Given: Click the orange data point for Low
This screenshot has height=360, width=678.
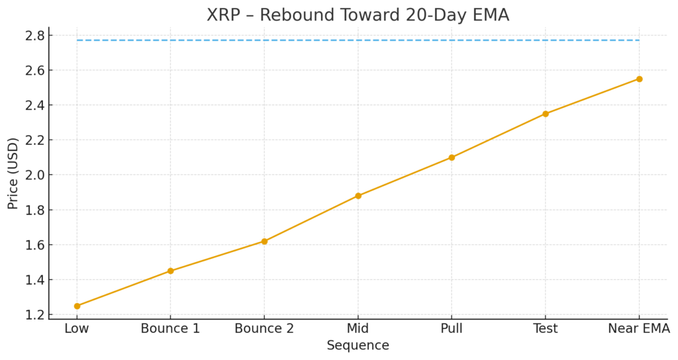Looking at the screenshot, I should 77,306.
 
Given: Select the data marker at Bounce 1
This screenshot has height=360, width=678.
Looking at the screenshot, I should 171,271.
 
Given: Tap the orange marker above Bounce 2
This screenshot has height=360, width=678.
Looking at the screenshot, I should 264,241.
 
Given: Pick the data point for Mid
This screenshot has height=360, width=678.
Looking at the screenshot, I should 358,196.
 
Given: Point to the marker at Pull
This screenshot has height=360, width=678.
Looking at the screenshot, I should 452,157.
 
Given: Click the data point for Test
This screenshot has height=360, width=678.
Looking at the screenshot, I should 546,114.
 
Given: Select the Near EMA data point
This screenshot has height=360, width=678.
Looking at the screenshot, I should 639,79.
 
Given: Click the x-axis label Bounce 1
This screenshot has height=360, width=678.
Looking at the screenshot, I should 171,328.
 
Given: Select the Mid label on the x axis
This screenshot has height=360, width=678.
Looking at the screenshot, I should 358,328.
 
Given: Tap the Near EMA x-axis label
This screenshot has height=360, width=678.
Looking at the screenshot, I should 639,328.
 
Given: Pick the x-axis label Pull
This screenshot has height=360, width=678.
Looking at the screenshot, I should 452,328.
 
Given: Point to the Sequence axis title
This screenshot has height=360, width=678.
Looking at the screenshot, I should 358,345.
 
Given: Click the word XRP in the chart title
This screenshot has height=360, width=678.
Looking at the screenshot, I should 224,15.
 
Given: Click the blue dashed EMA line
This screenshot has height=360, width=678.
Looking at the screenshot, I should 358,40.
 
